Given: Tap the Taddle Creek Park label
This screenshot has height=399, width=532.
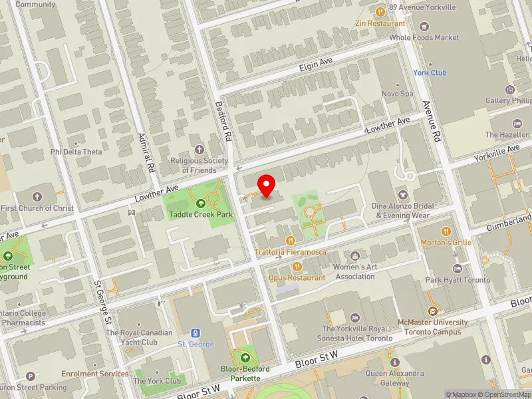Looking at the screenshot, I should point(201,214).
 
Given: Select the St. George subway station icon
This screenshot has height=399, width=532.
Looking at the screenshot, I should point(196,332).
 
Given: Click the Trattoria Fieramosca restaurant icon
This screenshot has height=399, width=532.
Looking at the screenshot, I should point(289,240).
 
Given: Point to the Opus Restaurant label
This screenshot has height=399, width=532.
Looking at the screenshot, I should point(297,277).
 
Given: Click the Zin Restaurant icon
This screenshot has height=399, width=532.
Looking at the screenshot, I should point(380,11).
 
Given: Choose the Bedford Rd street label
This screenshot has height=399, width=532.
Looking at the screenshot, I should point(227,125).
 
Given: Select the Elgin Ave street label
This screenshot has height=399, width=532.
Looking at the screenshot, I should point(315,65).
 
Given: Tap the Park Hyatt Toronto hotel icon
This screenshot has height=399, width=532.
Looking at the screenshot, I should point(457,268).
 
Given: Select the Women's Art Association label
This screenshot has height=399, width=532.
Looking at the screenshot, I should point(354,271).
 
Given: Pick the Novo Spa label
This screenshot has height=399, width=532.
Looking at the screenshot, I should point(398,94).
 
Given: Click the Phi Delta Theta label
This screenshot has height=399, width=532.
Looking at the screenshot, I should point(76,152).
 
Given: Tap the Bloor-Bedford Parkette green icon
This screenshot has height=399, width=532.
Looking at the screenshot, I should point(245,358).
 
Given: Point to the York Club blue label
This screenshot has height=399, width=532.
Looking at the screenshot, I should point(430,72).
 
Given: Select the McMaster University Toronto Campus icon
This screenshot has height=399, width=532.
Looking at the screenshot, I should point(433,311).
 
